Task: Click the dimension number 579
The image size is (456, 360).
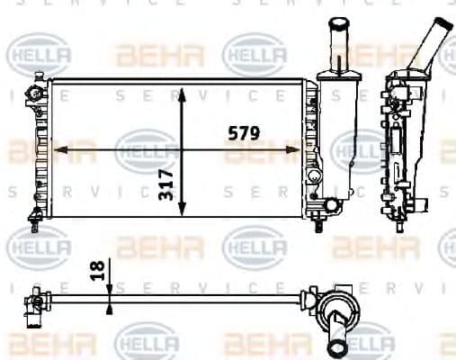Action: [x=242, y=133]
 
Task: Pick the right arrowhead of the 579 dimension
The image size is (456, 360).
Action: [x=303, y=149]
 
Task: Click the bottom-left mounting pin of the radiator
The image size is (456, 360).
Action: [x=35, y=215]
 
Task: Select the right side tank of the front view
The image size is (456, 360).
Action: [x=312, y=148]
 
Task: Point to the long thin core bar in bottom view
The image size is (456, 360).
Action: [x=180, y=294]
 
